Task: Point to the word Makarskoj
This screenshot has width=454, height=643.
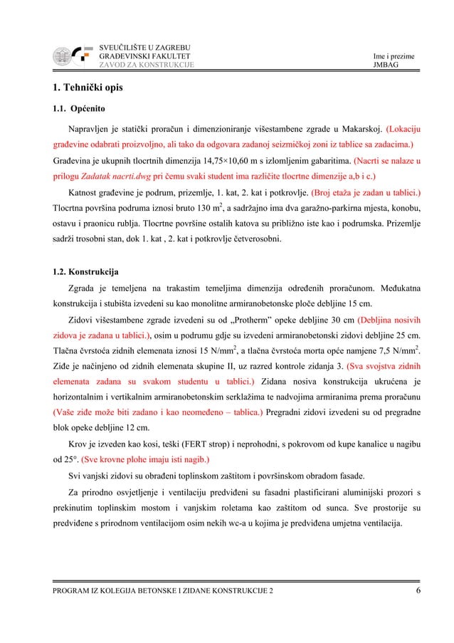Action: click(355, 130)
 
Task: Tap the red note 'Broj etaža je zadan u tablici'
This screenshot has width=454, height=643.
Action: click(364, 192)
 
